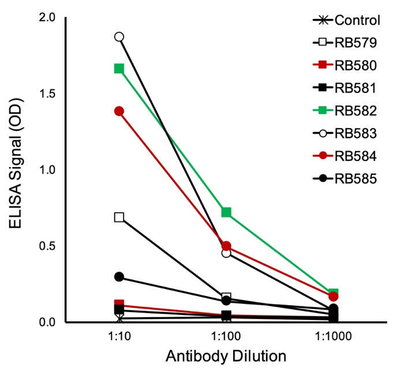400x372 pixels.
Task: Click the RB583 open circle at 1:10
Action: pyautogui.click(x=119, y=37)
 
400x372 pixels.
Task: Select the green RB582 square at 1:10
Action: pyautogui.click(x=119, y=69)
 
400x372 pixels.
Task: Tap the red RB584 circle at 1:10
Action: pyautogui.click(x=119, y=111)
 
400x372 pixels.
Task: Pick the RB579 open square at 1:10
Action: pyautogui.click(x=119, y=217)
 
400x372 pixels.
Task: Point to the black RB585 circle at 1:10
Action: pyautogui.click(x=119, y=277)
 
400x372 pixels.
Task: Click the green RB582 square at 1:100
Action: pyautogui.click(x=226, y=213)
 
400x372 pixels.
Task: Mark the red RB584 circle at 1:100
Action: pyautogui.click(x=226, y=246)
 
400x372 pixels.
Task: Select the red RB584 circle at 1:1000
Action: pyautogui.click(x=333, y=296)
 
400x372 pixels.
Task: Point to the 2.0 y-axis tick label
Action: pyautogui.click(x=47, y=17)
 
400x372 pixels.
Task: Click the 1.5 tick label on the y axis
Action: pyautogui.click(x=47, y=93)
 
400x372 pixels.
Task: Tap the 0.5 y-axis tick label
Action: pyautogui.click(x=47, y=246)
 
